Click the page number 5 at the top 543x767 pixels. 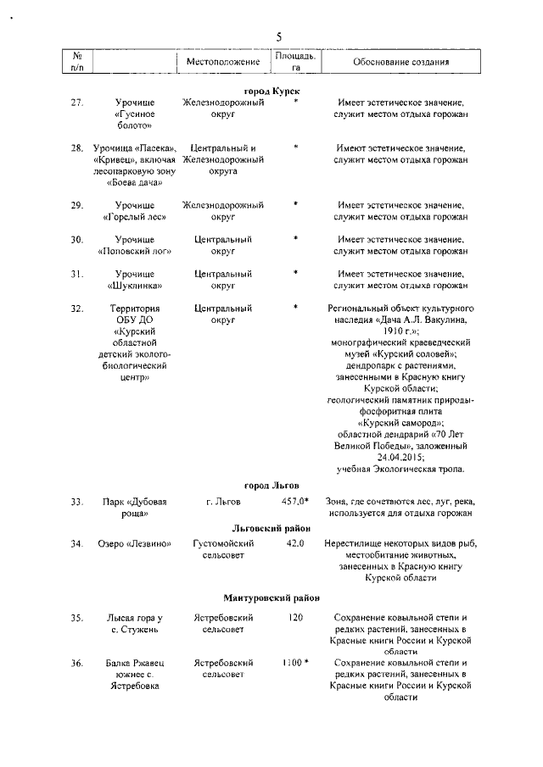[277, 36]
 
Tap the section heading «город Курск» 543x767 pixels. [271, 90]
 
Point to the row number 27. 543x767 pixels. [77, 103]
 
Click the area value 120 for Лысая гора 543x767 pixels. [295, 618]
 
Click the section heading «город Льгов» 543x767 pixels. [271, 486]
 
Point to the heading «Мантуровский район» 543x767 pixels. [271, 597]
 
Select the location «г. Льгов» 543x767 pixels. [223, 502]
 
